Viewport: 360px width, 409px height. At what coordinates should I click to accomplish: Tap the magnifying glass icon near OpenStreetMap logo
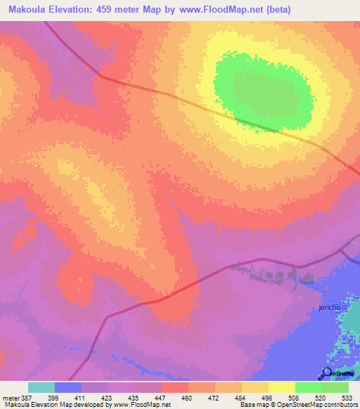point(327,372)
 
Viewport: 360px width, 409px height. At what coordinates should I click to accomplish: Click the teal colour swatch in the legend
point(41,387)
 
